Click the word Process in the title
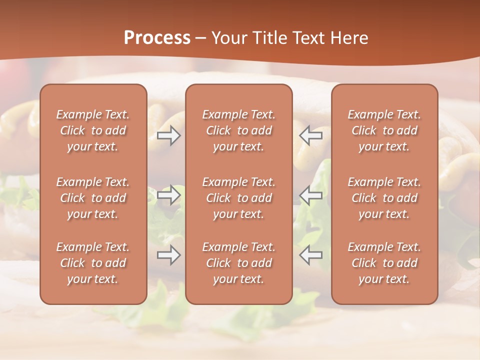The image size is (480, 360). click(157, 38)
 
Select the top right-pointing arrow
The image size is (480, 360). click(168, 135)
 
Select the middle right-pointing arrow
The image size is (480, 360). click(168, 195)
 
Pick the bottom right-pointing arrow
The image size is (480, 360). click(168, 255)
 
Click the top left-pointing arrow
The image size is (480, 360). click(311, 135)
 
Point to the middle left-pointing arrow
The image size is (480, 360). click(311, 195)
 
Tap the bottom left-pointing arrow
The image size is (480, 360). click(311, 255)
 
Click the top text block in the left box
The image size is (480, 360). click(93, 130)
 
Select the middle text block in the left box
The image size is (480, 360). click(93, 198)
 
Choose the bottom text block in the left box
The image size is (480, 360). click(93, 263)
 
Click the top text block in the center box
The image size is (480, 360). click(238, 130)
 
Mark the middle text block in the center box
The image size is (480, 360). click(238, 198)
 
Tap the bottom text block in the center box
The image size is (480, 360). click(238, 263)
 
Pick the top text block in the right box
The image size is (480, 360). click(384, 130)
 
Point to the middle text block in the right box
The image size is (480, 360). click(384, 198)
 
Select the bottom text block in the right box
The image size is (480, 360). click(384, 263)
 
